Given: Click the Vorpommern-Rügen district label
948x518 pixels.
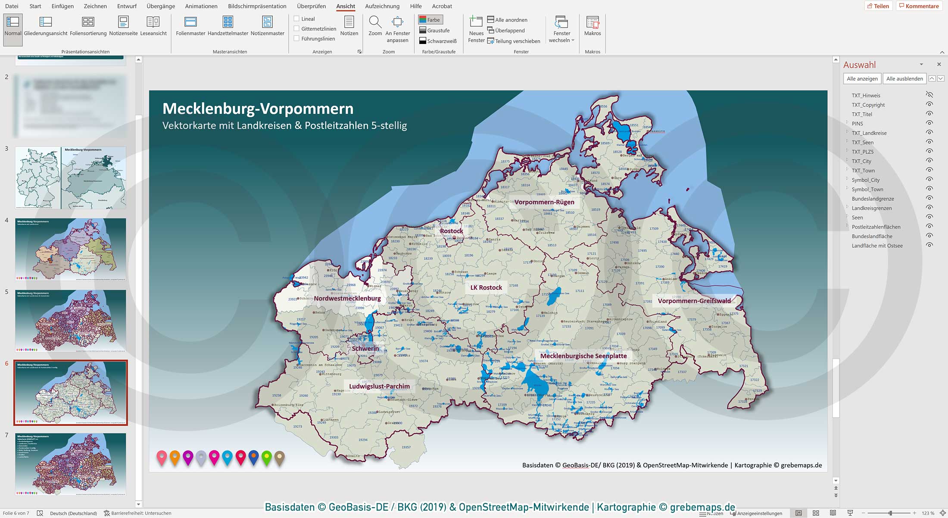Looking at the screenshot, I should pos(544,202).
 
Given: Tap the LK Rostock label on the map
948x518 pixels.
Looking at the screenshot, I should pos(486,287).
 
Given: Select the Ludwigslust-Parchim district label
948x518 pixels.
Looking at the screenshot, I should pos(379,386).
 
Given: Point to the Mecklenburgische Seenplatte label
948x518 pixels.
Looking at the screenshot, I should pos(583,356).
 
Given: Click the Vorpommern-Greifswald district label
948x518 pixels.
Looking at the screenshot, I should pos(694,301).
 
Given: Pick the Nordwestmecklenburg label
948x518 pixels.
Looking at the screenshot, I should pos(347,298).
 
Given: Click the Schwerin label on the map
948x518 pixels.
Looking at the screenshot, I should pos(365,349).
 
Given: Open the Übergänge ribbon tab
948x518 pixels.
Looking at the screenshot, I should pos(160,6).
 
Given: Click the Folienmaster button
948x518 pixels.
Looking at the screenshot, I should pos(190,26).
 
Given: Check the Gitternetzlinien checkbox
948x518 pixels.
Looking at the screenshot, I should pos(296,28).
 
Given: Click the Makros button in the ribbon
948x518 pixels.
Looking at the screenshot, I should pos(592,26).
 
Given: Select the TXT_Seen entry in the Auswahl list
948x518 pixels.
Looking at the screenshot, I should pos(863,143).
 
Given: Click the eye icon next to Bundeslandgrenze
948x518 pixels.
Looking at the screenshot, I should pos(929,198).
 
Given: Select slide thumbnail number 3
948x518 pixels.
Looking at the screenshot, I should pos(71,178).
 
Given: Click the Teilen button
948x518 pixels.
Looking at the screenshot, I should pos(878,6).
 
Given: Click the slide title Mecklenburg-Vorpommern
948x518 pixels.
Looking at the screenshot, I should pos(258,109).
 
